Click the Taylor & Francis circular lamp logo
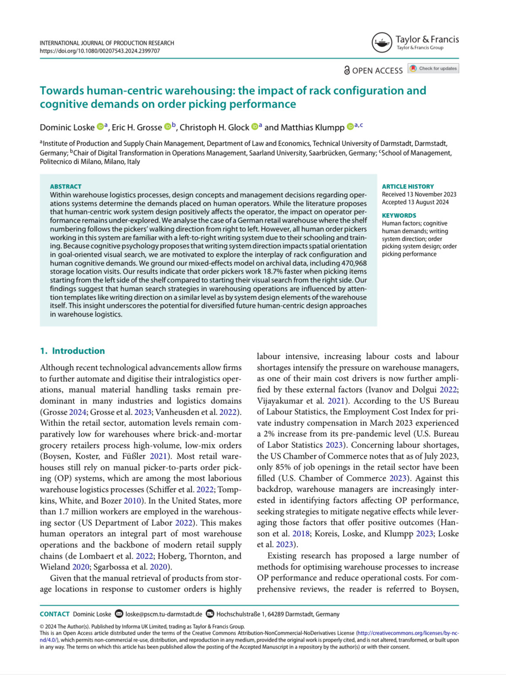pos(381,42)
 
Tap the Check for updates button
pos(433,68)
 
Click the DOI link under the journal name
pos(100,51)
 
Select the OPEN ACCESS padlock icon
pos(347,70)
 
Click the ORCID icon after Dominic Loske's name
pos(100,127)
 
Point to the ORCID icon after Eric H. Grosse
pos(167,127)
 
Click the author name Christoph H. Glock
pos(214,127)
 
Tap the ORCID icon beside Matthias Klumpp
pos(350,127)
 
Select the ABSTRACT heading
pos(66,186)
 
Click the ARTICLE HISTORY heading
pos(407,186)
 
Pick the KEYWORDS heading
pos(399,215)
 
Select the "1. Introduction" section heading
pos(72,351)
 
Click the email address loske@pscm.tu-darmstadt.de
pos(163,614)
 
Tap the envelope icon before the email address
pos(118,614)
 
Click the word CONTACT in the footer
pos(54,614)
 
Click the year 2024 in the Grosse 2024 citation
pos(78,412)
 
